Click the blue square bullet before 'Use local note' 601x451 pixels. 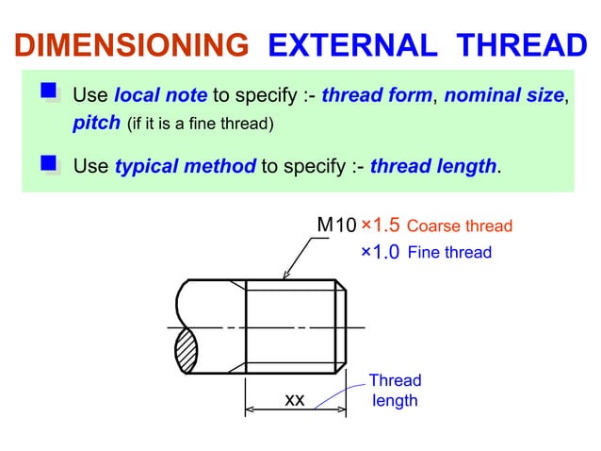49,92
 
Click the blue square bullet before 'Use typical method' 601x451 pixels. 49,165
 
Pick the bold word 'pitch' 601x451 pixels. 96,123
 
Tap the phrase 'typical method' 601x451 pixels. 185,167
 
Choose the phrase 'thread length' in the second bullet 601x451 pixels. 432,167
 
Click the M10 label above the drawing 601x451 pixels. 336,225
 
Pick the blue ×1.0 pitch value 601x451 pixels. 381,252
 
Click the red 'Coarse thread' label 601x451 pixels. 460,226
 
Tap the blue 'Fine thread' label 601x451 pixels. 449,253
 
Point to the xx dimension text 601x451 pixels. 295,400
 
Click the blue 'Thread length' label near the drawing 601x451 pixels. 395,391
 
